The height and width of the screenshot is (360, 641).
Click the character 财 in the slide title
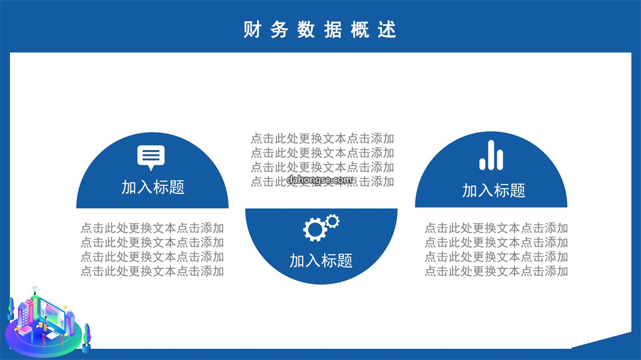252,30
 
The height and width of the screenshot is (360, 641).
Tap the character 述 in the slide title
387,30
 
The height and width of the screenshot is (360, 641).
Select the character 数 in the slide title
306,30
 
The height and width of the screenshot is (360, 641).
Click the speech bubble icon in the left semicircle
151,157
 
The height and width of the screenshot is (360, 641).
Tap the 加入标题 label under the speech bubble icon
153,187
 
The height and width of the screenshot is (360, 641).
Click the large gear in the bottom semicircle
315,230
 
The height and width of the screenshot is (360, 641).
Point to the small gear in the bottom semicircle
332,221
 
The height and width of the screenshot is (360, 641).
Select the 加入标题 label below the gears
321,260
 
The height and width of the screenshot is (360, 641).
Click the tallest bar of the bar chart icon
491,155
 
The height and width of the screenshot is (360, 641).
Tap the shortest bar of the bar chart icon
483,164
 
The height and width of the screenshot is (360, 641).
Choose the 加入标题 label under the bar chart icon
493,190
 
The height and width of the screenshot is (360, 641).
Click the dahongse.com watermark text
320,179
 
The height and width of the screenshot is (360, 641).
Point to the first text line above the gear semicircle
322,139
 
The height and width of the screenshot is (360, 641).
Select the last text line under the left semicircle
152,271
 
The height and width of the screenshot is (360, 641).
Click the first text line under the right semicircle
496,228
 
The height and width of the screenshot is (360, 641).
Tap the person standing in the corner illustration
46,323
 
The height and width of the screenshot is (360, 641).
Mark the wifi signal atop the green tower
35,288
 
